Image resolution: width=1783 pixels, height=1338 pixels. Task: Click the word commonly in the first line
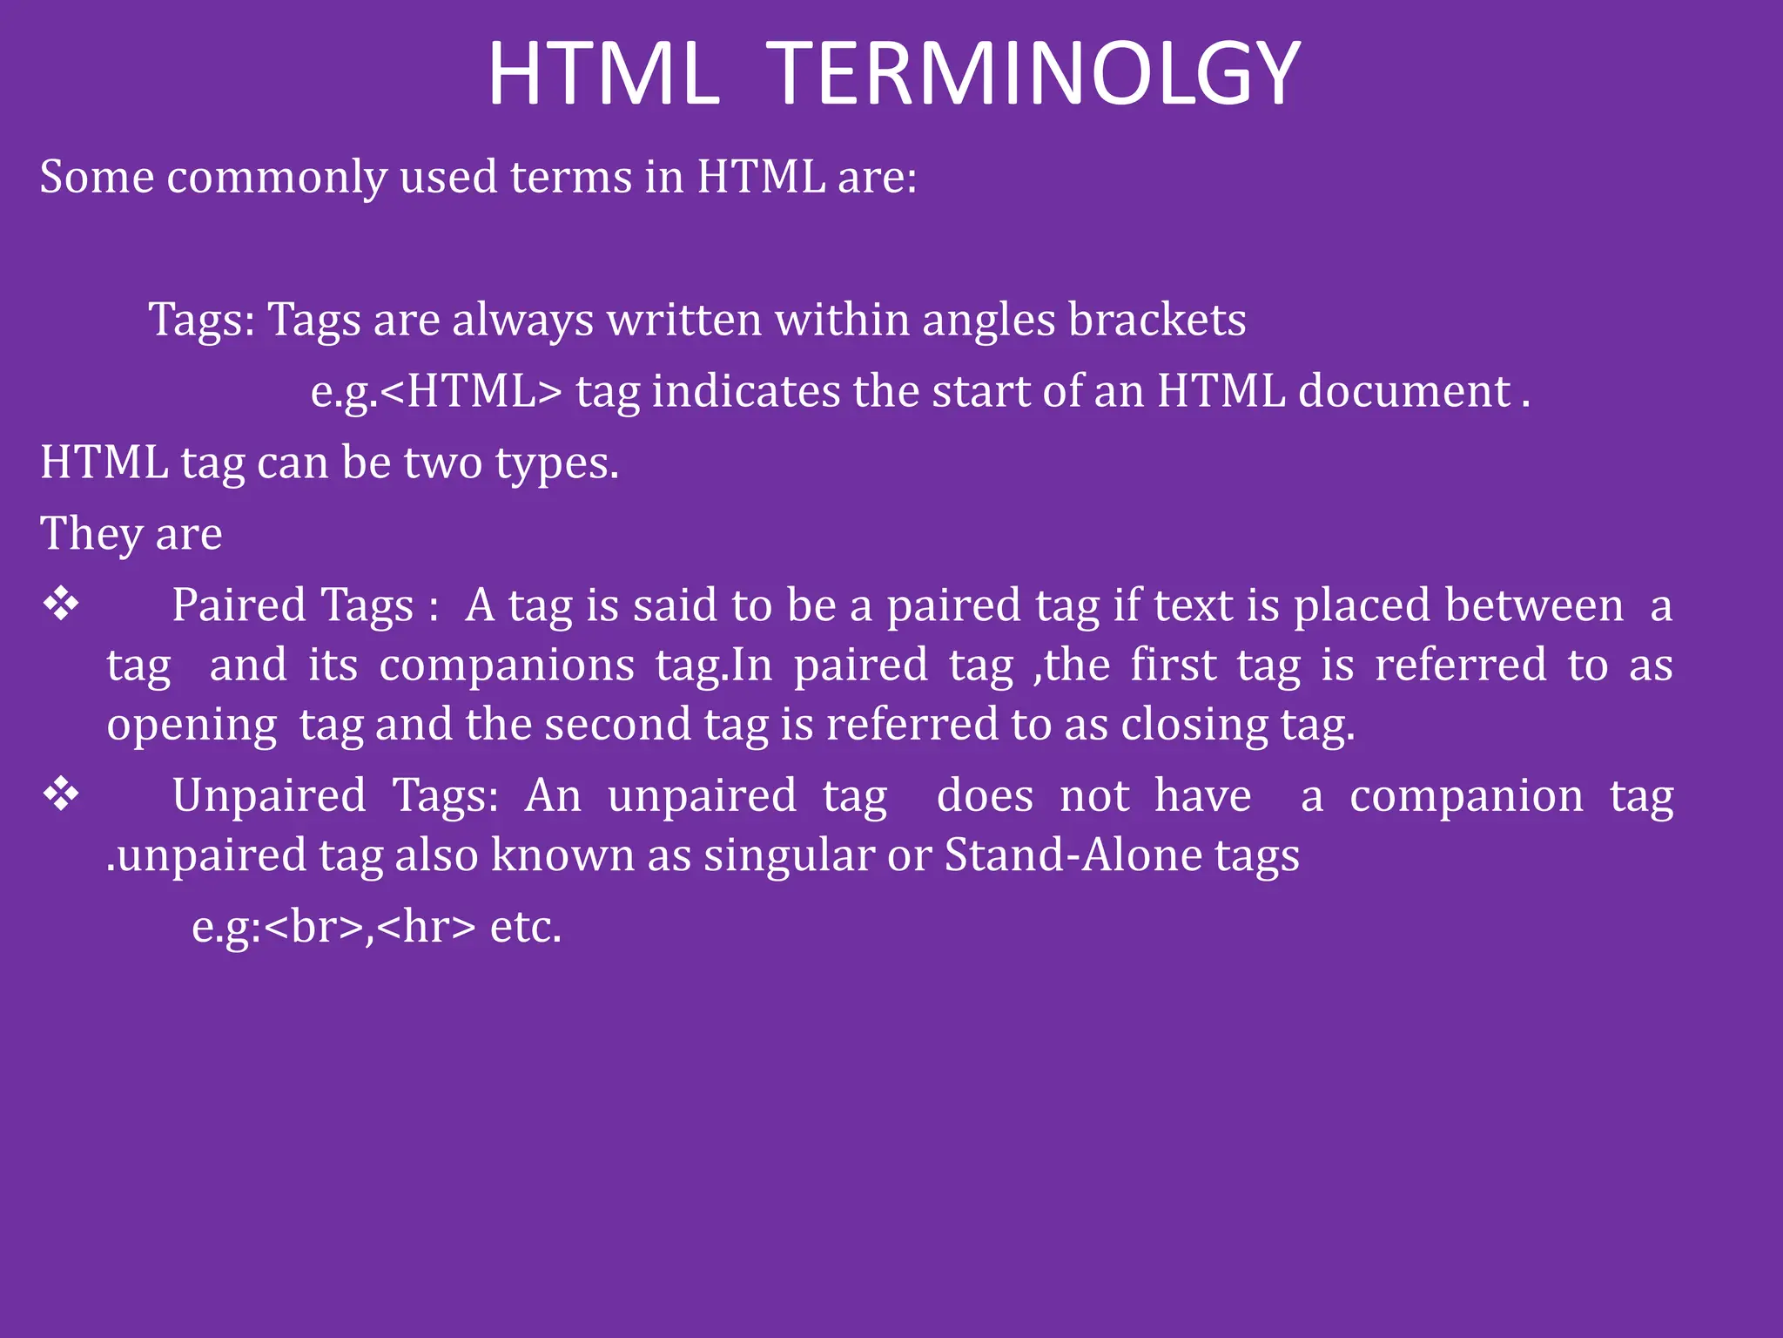pyautogui.click(x=276, y=179)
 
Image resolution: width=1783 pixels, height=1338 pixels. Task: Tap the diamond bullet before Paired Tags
pyautogui.click(x=61, y=604)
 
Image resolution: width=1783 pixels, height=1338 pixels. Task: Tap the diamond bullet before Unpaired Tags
pyautogui.click(x=61, y=794)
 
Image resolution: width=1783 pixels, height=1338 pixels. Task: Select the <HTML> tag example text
pyautogui.click(x=471, y=391)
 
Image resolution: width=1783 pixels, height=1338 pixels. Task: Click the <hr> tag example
pyautogui.click(x=427, y=926)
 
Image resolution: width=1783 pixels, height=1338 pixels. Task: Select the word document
pyautogui.click(x=1403, y=391)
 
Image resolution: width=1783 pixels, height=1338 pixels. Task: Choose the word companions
pyautogui.click(x=507, y=666)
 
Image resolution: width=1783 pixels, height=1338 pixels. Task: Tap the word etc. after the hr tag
pyautogui.click(x=526, y=926)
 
